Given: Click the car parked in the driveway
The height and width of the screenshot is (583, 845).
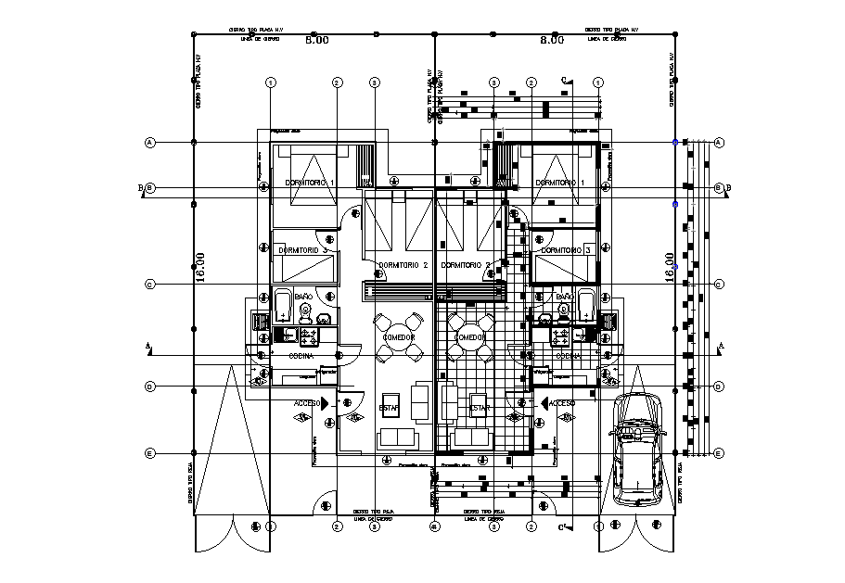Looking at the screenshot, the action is click(636, 450).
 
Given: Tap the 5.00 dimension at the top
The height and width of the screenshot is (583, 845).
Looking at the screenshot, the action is click(317, 41).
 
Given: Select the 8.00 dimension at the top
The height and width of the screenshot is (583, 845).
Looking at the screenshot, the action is click(552, 41).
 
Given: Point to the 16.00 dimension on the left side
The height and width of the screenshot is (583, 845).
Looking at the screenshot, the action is click(199, 267).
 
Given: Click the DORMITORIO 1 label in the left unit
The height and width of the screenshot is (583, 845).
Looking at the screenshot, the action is click(308, 184).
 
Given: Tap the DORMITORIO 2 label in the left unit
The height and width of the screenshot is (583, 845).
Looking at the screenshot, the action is click(402, 266).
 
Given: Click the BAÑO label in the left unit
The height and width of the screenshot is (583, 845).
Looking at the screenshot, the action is click(303, 298).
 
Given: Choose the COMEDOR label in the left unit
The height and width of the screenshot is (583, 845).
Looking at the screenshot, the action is click(399, 337).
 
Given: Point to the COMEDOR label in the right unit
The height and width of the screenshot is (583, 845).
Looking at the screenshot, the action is click(470, 337).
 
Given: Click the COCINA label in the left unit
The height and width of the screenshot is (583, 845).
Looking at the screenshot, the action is click(299, 356).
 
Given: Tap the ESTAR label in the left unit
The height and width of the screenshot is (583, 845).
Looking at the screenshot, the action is click(389, 407).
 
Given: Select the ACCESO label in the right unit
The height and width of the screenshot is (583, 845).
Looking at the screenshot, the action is click(562, 403).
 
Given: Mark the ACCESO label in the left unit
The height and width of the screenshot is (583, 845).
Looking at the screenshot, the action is click(307, 403).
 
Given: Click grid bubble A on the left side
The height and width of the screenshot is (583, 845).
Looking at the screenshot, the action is click(148, 142).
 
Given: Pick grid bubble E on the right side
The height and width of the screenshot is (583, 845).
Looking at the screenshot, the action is click(719, 453).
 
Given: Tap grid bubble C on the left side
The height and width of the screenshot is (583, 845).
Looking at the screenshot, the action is click(148, 285).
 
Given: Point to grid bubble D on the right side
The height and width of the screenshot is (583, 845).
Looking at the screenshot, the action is click(719, 387).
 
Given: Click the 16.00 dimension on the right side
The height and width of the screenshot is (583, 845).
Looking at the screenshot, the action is click(671, 267).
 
